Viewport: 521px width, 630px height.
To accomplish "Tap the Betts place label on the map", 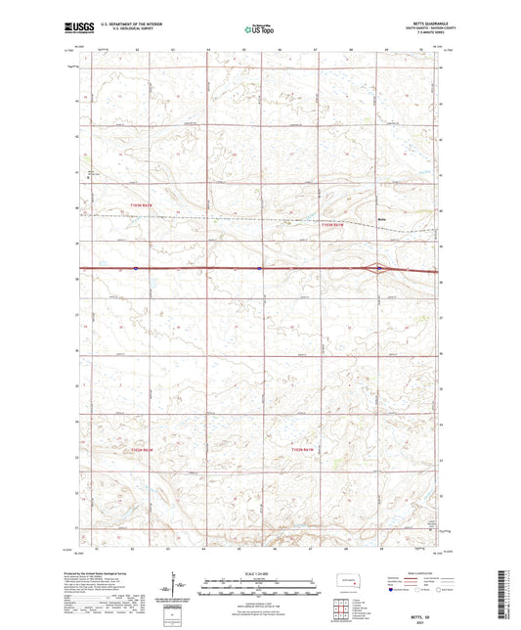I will pos(384,219).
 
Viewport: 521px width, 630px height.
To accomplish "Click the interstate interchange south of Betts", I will pos(380,267).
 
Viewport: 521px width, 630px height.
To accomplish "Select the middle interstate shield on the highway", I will pos(259,266).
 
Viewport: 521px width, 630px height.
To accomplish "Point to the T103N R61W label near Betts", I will pos(334,225).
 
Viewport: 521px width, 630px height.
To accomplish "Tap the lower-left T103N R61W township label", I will pos(144,449).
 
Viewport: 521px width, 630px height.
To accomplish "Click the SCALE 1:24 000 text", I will pos(260,572).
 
